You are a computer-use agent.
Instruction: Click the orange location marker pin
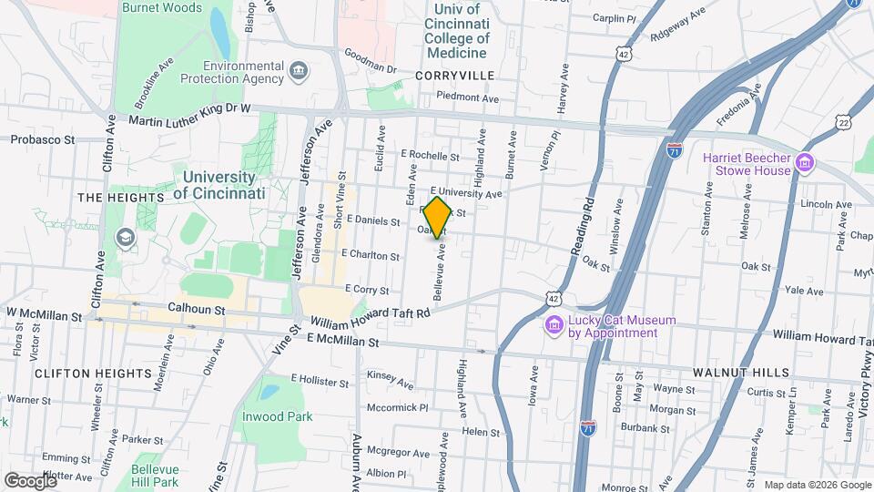[437, 217]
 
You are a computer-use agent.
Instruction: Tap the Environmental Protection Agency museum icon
[298, 71]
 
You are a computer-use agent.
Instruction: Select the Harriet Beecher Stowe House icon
[804, 163]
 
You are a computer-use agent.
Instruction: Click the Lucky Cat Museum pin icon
[553, 326]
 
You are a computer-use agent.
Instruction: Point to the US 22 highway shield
[844, 122]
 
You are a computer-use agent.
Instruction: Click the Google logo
[30, 480]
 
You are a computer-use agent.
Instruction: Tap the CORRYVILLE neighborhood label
[453, 75]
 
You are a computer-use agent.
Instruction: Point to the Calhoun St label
[196, 310]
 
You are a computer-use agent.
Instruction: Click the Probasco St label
[42, 139]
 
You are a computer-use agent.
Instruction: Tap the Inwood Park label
[277, 416]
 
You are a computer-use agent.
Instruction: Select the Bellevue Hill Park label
[153, 475]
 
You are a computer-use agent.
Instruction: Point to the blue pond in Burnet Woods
[220, 33]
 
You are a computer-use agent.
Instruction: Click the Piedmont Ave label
[468, 97]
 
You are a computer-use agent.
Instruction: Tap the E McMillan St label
[342, 341]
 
